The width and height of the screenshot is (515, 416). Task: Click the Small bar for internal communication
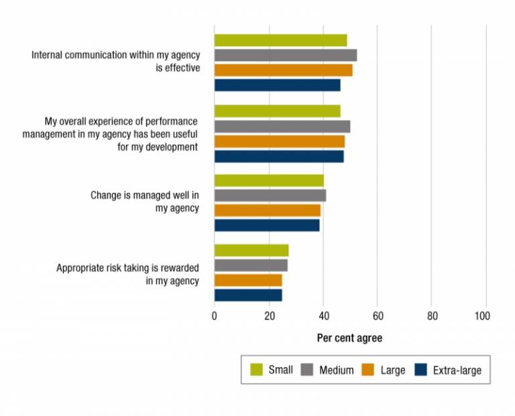point(280,40)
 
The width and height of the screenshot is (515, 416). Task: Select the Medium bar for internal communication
point(285,55)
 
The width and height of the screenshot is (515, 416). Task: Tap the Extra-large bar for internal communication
point(277,85)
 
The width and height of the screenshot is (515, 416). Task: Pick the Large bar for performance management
point(279,141)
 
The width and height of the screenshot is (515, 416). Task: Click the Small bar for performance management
point(277,111)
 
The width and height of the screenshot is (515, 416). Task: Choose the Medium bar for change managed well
point(270,195)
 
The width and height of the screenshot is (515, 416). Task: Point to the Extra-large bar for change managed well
point(267,225)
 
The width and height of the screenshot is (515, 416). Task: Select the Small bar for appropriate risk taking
point(251,250)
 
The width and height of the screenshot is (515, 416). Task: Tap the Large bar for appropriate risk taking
point(247,280)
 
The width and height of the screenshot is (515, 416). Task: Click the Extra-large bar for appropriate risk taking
point(247,295)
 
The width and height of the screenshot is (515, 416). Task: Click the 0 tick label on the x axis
point(215,316)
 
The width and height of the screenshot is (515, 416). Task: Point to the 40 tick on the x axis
point(323,316)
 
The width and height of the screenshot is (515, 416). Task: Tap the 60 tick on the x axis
point(377,316)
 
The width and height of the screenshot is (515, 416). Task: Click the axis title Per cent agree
point(349,338)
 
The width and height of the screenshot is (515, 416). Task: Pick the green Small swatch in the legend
point(255,369)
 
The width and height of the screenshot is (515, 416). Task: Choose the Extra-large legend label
point(457,370)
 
